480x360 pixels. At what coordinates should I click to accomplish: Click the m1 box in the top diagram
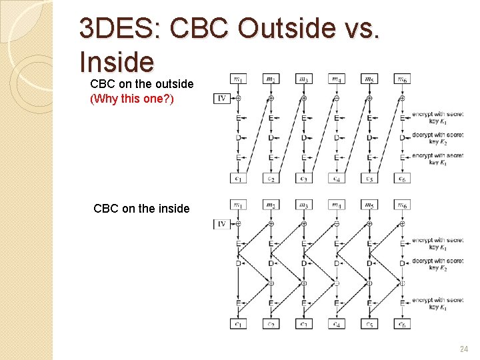[238, 79]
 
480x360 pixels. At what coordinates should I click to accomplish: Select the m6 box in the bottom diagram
[402, 205]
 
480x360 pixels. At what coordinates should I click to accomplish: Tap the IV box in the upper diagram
[223, 99]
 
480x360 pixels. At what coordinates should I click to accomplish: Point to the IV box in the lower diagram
[223, 224]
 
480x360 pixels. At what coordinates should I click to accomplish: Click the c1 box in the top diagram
[238, 178]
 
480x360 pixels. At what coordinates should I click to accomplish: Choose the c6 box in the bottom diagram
[402, 323]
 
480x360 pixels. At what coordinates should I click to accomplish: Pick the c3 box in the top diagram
[303, 178]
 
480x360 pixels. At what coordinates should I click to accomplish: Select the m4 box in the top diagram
[336, 79]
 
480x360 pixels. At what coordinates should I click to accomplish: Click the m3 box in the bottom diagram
[303, 205]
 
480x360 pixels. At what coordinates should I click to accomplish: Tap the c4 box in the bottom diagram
[336, 323]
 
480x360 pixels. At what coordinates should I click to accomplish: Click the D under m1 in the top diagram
[238, 137]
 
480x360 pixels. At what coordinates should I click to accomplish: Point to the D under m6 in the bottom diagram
[402, 263]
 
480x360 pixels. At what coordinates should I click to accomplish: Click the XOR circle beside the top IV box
[238, 99]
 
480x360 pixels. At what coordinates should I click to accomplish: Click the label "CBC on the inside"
[141, 209]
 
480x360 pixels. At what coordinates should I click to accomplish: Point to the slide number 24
[463, 349]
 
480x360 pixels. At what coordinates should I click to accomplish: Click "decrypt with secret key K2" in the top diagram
[437, 138]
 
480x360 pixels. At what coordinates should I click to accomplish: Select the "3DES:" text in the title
[120, 29]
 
